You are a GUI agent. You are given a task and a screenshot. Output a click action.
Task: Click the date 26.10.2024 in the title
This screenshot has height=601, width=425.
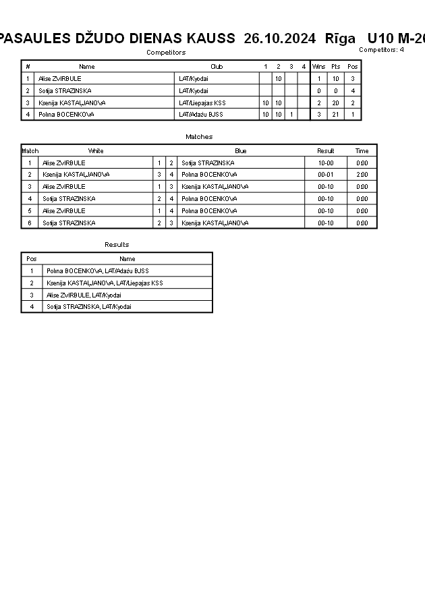click(x=279, y=38)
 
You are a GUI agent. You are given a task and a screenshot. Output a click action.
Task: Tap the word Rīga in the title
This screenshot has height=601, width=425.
click(x=340, y=38)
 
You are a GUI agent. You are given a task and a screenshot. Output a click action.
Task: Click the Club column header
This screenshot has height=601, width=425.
click(x=217, y=67)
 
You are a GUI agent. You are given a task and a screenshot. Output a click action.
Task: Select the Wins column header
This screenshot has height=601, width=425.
click(x=318, y=67)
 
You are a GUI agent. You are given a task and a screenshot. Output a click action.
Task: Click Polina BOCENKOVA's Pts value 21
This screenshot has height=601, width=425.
click(x=335, y=115)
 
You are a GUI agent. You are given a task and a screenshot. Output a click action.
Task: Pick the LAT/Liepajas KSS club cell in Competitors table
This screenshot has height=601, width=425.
click(x=202, y=103)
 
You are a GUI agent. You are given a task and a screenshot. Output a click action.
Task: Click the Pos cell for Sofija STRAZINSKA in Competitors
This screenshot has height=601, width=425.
click(x=353, y=91)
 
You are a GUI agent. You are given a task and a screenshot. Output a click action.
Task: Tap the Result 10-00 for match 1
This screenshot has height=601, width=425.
click(x=325, y=163)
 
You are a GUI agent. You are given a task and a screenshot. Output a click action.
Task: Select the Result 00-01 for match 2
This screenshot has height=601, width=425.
click(x=325, y=175)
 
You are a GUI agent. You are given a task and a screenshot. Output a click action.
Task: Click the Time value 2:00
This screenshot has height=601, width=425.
click(x=362, y=175)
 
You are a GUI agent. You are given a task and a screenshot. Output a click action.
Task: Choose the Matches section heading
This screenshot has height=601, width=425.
click(x=199, y=137)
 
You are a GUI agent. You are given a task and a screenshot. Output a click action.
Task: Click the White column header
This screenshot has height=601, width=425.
click(x=96, y=151)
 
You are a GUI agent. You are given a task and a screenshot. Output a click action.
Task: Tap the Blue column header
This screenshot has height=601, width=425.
click(x=241, y=151)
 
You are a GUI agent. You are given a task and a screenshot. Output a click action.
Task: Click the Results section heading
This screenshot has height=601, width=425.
click(x=117, y=245)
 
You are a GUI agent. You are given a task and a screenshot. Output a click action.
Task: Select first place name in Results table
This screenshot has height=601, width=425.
click(x=97, y=271)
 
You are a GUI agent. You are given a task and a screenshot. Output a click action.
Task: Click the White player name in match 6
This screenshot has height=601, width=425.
click(x=69, y=223)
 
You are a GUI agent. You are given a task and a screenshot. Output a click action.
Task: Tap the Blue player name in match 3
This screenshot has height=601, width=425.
click(x=215, y=187)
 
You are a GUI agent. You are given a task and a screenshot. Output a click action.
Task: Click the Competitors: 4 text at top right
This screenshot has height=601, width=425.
click(x=381, y=50)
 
